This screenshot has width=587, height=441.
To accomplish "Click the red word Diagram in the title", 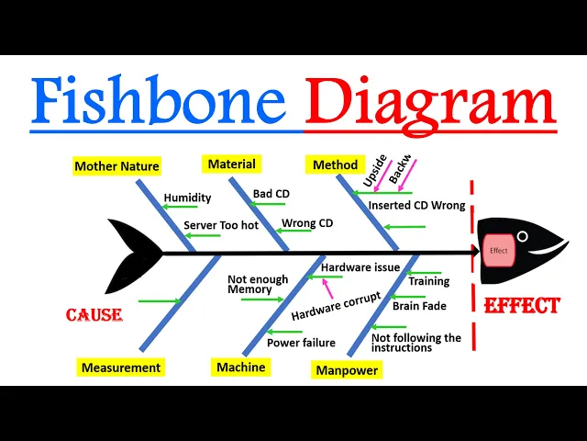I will click(x=430, y=102).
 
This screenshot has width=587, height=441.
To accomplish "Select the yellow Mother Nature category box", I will click(x=116, y=166).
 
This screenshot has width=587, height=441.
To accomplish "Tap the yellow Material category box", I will click(x=231, y=164).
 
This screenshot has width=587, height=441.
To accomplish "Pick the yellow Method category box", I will click(x=335, y=165).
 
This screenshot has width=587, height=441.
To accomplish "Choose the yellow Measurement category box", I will click(x=120, y=367).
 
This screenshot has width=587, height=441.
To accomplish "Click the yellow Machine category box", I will click(x=240, y=367).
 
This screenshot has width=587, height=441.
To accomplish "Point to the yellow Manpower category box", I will click(x=345, y=371).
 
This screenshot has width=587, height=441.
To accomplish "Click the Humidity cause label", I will click(x=187, y=198).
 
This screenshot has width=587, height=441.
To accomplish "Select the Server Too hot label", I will click(x=220, y=225).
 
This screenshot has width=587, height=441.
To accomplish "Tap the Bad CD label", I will click(x=271, y=195).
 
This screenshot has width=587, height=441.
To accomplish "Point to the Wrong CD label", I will click(x=307, y=223).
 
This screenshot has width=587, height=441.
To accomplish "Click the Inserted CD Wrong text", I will click(x=417, y=206).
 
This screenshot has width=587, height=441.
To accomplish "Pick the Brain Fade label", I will click(x=420, y=306).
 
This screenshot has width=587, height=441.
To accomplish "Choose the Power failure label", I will click(x=301, y=343).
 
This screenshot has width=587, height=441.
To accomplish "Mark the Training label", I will click(x=428, y=281).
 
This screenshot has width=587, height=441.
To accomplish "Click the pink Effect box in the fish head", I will click(x=499, y=250).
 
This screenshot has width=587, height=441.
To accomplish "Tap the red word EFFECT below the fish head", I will click(x=521, y=306).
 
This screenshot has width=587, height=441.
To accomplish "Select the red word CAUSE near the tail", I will click(x=94, y=315).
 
